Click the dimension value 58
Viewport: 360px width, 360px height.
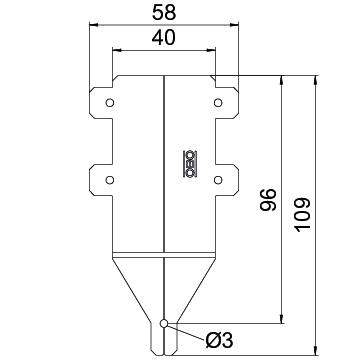coord(164,13)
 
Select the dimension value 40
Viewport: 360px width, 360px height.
coord(164,38)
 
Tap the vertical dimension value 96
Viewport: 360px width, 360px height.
coord(268,200)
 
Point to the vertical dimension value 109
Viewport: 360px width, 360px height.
coord(303,215)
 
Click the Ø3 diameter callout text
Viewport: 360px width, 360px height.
coord(219,341)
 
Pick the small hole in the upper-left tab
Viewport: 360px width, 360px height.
coord(110,103)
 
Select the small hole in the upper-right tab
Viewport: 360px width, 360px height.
coord(218,103)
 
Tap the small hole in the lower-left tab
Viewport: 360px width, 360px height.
coord(110,180)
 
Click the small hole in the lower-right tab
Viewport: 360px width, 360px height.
coord(218,180)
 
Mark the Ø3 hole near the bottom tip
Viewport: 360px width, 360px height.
coord(164,323)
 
